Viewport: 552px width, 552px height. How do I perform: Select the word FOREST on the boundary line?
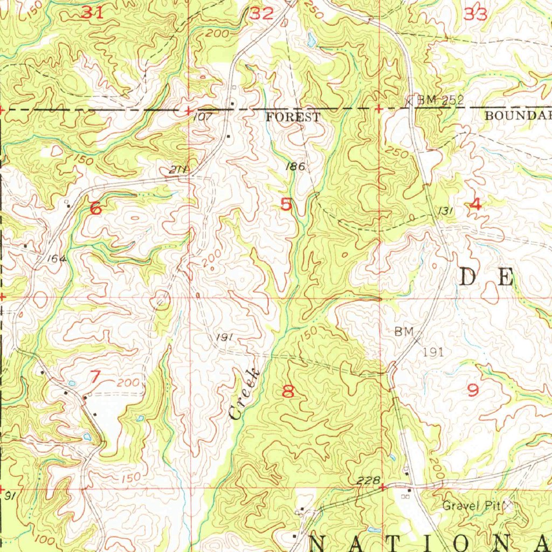(x=293, y=117)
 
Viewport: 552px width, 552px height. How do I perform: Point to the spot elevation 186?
(x=295, y=167)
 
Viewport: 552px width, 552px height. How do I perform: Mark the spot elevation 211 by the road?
(x=177, y=170)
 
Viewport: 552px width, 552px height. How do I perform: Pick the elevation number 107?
(x=203, y=116)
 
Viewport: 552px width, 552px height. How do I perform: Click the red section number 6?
(x=95, y=208)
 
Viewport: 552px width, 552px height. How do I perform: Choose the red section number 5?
(x=286, y=205)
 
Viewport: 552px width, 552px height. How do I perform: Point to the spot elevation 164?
(x=56, y=259)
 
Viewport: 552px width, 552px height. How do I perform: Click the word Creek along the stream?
(x=244, y=394)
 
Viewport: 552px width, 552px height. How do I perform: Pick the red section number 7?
(x=95, y=377)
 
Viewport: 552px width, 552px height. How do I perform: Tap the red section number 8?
(x=288, y=391)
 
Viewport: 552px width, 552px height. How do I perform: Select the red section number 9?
(x=473, y=389)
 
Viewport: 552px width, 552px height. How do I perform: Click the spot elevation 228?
(x=369, y=480)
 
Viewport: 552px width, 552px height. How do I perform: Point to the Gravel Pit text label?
(x=471, y=506)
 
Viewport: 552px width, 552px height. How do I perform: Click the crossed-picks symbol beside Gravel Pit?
(x=508, y=505)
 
